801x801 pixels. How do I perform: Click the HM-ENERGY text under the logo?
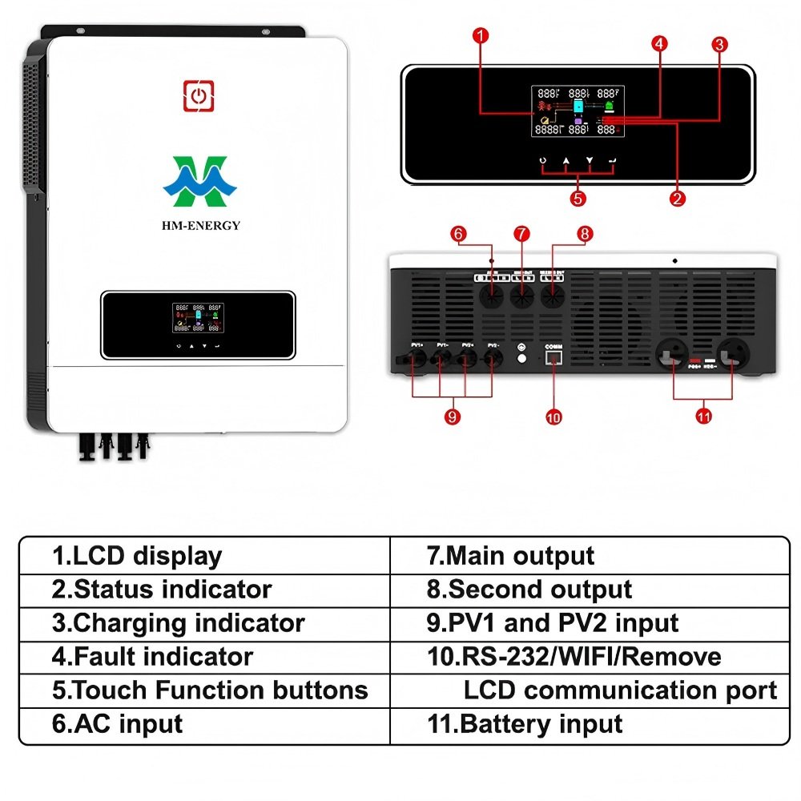(200, 226)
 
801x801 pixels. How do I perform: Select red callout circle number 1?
(480, 35)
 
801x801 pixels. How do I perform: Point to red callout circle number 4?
(658, 44)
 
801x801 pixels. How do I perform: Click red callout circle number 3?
(719, 45)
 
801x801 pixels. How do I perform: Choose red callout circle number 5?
(578, 198)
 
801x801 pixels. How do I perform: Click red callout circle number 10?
(553, 417)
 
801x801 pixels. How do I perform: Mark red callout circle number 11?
(703, 417)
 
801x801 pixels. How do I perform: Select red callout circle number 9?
(453, 417)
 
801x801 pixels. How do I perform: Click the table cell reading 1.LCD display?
(136, 556)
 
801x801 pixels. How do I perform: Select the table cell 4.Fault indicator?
(152, 657)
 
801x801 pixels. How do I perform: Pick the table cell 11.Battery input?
(525, 724)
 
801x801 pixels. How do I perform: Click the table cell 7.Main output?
(510, 556)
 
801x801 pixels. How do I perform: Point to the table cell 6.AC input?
(118, 724)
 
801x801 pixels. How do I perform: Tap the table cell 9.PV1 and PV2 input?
(553, 623)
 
